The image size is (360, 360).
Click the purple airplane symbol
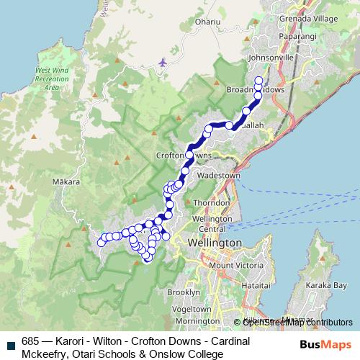[163, 62]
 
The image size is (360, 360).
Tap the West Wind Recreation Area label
[47, 78]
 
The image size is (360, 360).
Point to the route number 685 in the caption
[30, 341]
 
